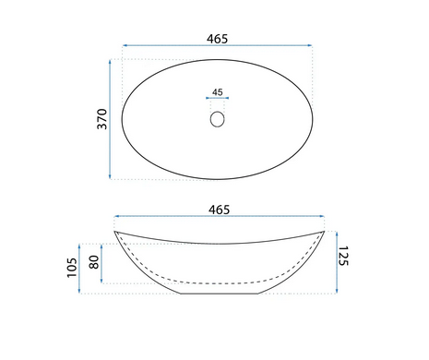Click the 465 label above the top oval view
(x=217, y=39)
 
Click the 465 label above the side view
(x=219, y=210)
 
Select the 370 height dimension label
(x=102, y=119)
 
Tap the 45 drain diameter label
(x=218, y=92)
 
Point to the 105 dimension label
(x=72, y=268)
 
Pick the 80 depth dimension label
(x=94, y=262)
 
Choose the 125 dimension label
(x=343, y=256)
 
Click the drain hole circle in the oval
(x=218, y=119)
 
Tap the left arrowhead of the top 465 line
(x=125, y=45)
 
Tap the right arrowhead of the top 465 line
(x=310, y=45)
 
